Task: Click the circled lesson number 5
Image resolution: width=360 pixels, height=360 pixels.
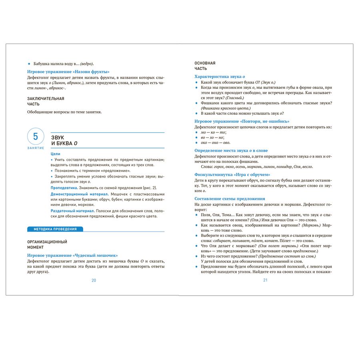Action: coord(36,137)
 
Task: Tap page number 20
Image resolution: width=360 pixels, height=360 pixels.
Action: coord(94,280)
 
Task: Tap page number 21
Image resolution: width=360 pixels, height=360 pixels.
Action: coord(265,280)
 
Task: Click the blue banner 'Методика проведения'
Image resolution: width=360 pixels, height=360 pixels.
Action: coord(55,229)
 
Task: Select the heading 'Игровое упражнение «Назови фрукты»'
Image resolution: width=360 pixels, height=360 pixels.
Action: coord(68,72)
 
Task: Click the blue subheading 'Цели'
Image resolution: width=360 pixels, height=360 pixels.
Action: coord(56,154)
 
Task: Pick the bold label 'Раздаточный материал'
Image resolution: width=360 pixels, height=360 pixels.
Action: coord(72,211)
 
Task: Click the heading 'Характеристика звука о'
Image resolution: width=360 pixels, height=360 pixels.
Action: coord(220,76)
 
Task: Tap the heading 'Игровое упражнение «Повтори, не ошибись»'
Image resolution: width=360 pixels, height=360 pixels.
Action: coord(242,121)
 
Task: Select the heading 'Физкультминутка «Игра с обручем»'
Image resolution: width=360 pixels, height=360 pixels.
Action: coord(232,174)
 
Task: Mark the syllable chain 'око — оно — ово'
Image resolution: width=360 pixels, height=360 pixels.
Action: coord(215,142)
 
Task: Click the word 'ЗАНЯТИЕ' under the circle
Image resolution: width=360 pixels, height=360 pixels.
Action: coord(36,148)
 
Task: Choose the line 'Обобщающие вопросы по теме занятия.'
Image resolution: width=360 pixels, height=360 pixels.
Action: coord(64,112)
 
